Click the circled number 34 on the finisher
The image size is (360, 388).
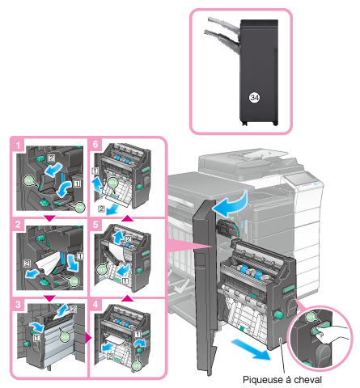[254, 97]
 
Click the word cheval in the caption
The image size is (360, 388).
[308, 380]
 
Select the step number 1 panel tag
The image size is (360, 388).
[18, 145]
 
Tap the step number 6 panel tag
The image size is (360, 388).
[95, 144]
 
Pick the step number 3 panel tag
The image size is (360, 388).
[18, 305]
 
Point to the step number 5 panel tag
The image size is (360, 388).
[95, 225]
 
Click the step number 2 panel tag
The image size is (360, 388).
[18, 224]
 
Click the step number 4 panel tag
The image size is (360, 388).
[95, 305]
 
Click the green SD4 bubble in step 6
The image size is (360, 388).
[112, 183]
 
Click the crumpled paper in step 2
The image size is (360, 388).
[49, 263]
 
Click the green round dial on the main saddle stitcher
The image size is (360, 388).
[277, 314]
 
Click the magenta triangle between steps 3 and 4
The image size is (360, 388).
[87, 338]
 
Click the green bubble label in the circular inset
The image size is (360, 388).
[311, 317]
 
